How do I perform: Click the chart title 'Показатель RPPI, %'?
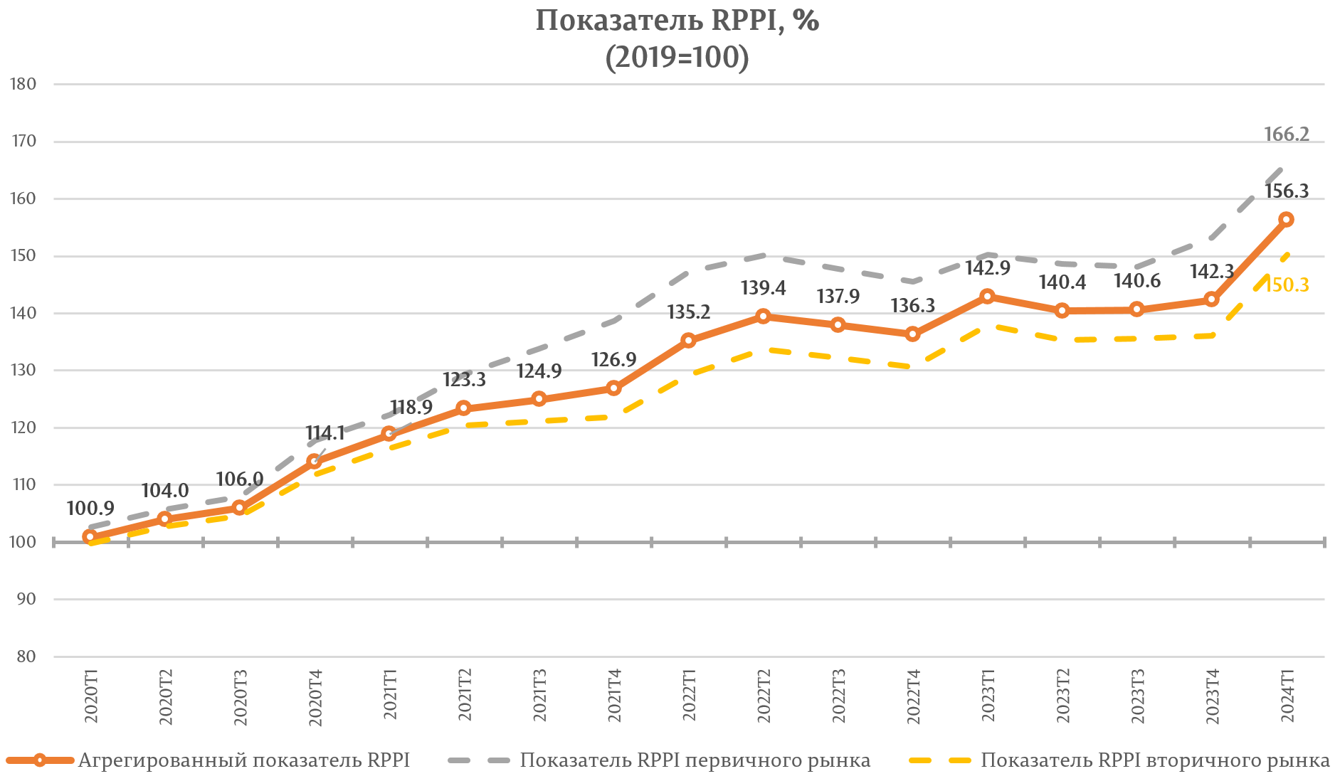point(677,21)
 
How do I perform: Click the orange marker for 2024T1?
point(1286,220)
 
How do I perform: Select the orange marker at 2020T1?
point(90,537)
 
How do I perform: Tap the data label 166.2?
point(1287,134)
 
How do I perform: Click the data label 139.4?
point(763,288)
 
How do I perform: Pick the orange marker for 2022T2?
point(763,317)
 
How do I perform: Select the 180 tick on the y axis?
point(23,84)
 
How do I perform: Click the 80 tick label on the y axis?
point(26,657)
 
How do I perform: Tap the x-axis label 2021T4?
point(614,696)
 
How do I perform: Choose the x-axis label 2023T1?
point(988,696)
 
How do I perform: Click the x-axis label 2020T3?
point(240,696)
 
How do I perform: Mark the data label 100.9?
point(90,509)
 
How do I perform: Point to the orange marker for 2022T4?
point(912,334)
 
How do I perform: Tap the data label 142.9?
point(988,268)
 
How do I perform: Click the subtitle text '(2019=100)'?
point(677,58)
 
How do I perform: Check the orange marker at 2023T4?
point(1211,300)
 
